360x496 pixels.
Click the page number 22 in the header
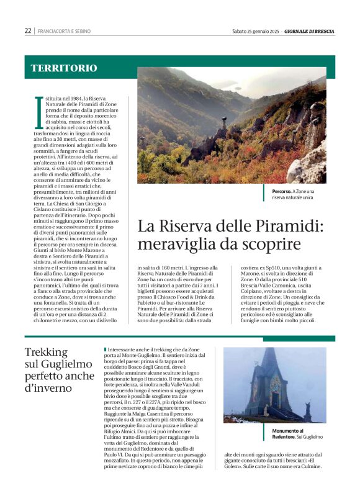28,30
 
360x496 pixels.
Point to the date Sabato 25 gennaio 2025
254,31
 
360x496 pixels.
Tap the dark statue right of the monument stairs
307,410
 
